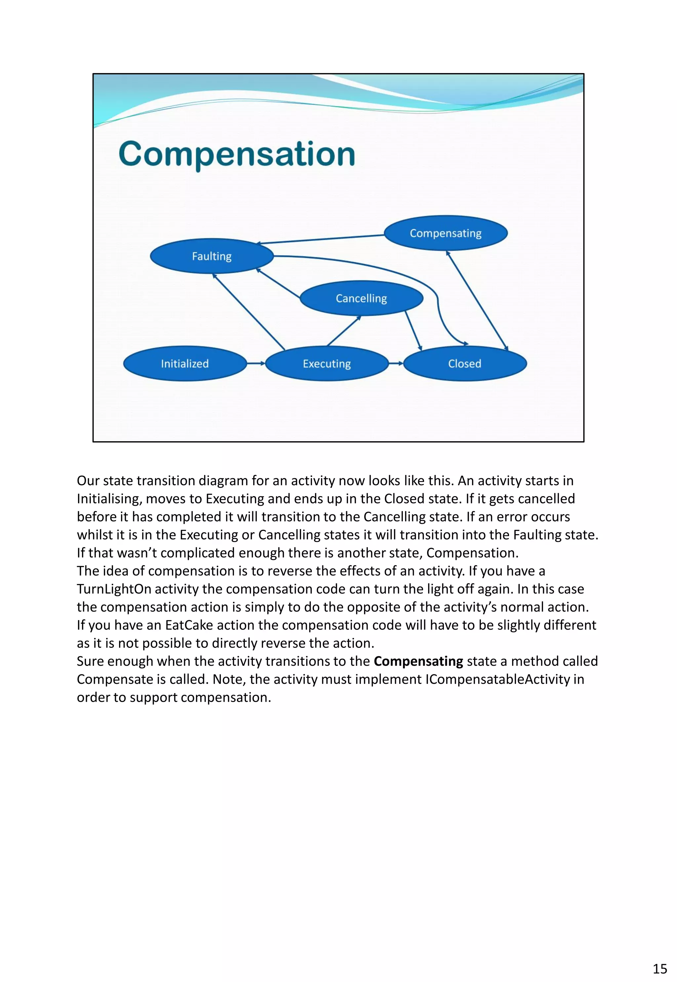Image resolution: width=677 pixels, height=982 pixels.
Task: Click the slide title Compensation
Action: tap(237, 154)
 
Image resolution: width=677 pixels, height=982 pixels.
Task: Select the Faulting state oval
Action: tap(212, 256)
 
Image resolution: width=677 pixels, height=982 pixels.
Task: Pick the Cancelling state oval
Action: tap(361, 298)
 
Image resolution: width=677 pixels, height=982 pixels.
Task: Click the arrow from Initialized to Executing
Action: tap(256, 363)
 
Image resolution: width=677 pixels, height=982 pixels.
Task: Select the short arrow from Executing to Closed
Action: tap(396, 363)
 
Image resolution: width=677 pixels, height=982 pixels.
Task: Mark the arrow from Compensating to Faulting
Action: tap(321, 239)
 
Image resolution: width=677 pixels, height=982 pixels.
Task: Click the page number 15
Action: tap(659, 969)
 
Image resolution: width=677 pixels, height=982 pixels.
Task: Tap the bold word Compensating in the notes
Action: tap(418, 661)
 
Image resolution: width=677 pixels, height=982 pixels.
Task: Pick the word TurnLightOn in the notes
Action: tap(114, 589)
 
